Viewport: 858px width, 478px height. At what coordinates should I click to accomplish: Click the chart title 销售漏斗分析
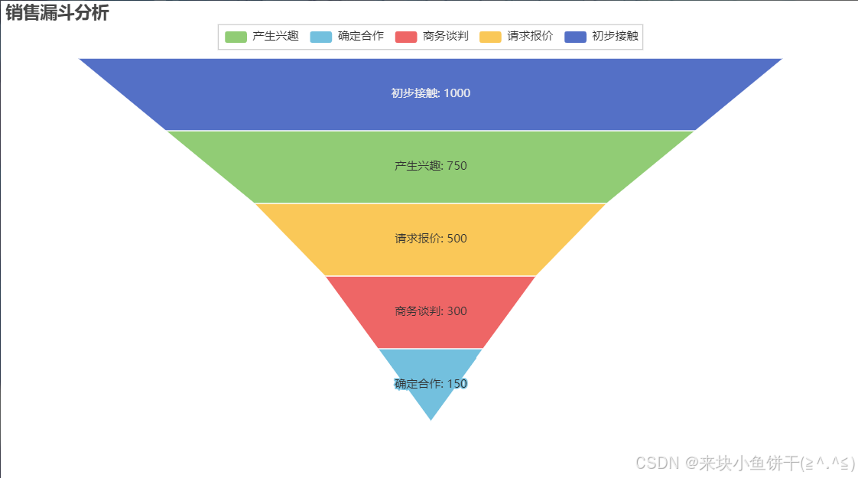pyautogui.click(x=57, y=13)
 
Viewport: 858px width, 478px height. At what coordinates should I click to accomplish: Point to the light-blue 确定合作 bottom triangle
pyautogui.click(x=431, y=402)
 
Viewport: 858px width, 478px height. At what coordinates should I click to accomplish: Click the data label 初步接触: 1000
pyautogui.click(x=431, y=93)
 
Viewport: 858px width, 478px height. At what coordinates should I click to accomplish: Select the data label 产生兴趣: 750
pyautogui.click(x=431, y=166)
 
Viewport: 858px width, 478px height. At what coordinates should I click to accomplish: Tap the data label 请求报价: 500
pyautogui.click(x=431, y=239)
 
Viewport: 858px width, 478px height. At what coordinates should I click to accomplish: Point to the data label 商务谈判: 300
pyautogui.click(x=431, y=311)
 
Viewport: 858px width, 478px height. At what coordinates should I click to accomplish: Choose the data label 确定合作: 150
pyautogui.click(x=431, y=383)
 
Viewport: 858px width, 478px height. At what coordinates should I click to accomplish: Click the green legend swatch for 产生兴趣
pyautogui.click(x=236, y=37)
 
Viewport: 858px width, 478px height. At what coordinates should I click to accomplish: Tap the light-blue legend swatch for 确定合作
pyautogui.click(x=320, y=37)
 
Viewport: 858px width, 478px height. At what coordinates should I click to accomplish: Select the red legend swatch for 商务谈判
pyautogui.click(x=405, y=37)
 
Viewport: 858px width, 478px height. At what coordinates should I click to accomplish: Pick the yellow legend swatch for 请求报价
pyautogui.click(x=490, y=37)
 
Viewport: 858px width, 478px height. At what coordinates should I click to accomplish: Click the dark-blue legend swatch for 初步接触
pyautogui.click(x=575, y=37)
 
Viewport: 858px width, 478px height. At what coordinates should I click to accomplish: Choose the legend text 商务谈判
pyautogui.click(x=446, y=37)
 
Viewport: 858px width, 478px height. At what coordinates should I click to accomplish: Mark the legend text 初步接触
pyautogui.click(x=615, y=37)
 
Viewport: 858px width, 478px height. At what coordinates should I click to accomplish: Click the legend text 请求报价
pyautogui.click(x=530, y=37)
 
